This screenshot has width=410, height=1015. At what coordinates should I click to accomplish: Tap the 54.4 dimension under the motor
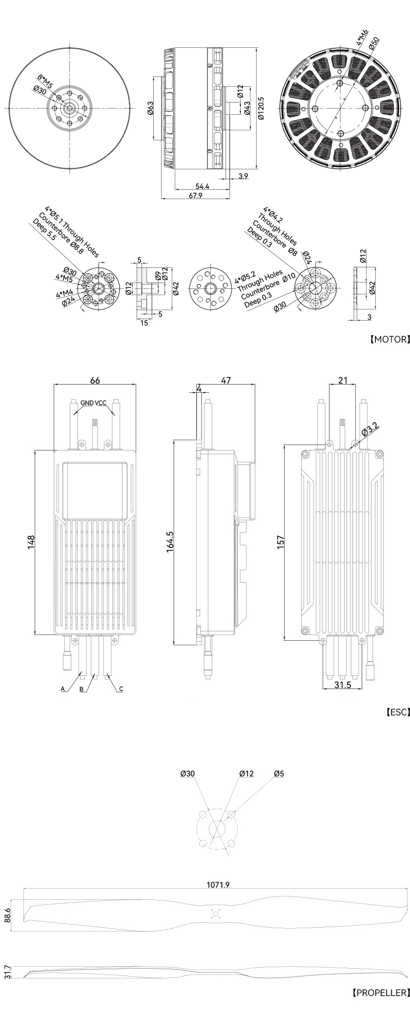click(202, 186)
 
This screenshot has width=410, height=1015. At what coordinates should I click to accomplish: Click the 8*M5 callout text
click(46, 80)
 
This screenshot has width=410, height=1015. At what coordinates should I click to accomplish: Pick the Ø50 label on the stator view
click(375, 43)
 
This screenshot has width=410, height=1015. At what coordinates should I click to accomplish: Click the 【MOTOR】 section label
click(389, 339)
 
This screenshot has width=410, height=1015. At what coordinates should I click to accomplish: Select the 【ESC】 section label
click(397, 712)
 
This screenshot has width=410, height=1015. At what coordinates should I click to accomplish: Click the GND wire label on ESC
click(87, 403)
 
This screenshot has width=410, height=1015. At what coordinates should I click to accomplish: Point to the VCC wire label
click(101, 403)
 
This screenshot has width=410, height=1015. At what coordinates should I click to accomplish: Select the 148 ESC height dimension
click(31, 542)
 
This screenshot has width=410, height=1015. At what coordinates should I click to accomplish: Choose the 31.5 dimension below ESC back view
click(343, 685)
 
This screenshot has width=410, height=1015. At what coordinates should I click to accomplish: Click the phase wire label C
click(121, 689)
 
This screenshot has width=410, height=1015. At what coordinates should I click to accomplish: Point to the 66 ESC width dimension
click(95, 380)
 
